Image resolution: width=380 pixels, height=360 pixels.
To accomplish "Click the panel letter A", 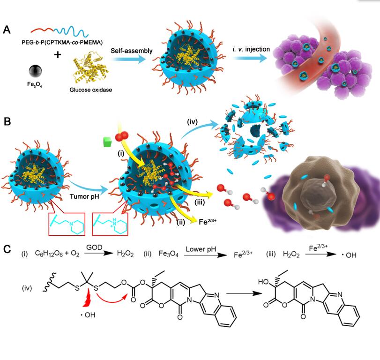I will click(7, 30).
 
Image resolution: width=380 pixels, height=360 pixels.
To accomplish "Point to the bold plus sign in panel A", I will click(58, 55).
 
